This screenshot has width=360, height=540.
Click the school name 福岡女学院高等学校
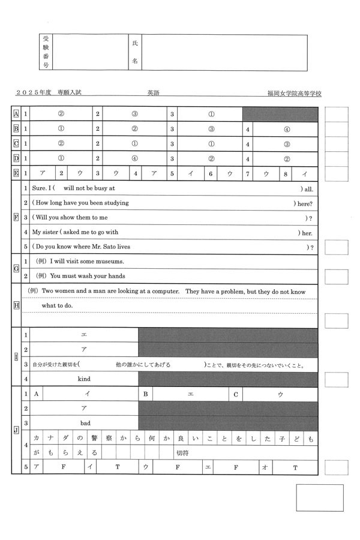point(295,94)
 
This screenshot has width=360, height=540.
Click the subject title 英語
point(154,94)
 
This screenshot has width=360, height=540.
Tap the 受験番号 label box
point(46,52)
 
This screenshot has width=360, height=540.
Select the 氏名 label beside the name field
point(134,52)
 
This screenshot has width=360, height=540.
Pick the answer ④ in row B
point(287,128)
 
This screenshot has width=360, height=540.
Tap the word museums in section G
point(110,261)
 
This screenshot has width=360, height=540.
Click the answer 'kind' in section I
point(84,379)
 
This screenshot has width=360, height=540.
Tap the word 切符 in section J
point(181,452)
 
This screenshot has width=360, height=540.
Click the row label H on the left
point(16,305)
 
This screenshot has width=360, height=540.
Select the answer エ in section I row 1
point(84,335)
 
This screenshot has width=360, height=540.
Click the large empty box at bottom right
point(319,497)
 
